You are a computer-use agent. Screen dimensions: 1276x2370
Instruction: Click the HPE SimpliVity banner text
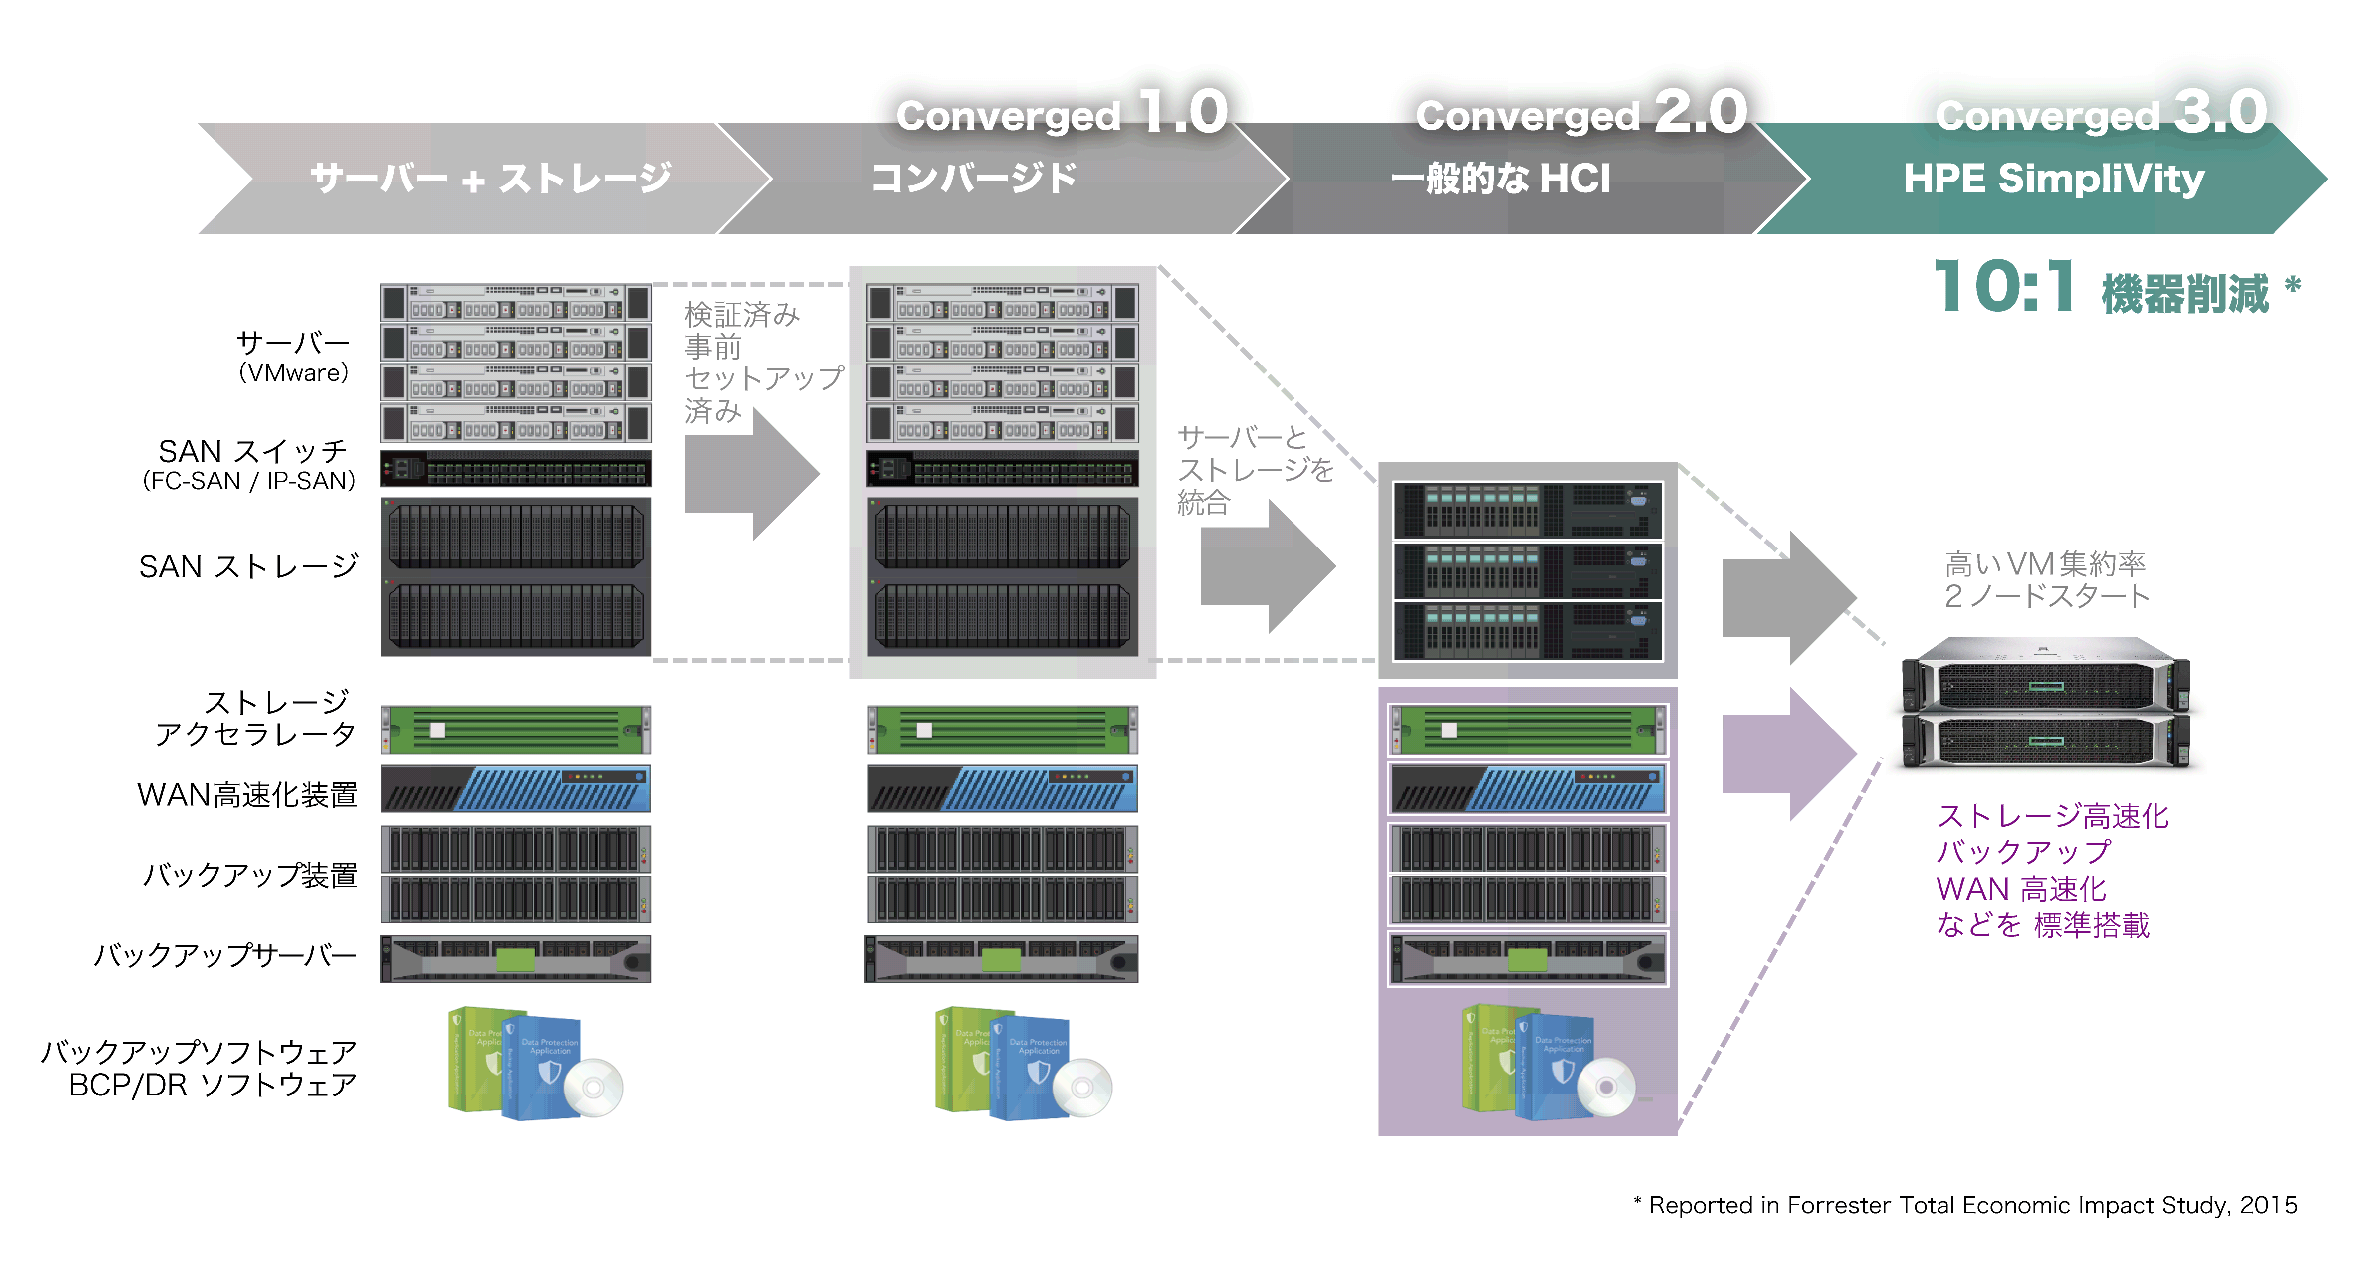2054,179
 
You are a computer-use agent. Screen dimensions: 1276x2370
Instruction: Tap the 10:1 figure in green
2004,287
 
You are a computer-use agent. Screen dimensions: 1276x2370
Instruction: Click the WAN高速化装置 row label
246,794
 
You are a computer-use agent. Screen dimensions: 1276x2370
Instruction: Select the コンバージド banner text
973,179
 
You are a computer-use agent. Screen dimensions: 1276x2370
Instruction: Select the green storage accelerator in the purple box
1527,730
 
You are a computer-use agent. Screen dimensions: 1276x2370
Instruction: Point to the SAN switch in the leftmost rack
515,469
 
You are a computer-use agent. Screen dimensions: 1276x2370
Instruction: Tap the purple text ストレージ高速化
2052,816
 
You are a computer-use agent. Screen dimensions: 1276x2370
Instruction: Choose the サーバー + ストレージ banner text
490,179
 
